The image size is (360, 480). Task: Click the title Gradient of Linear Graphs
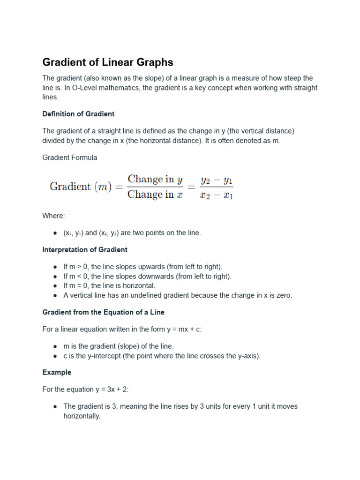pyautogui.click(x=108, y=62)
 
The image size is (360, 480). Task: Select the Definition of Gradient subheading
pyautogui.click(x=78, y=114)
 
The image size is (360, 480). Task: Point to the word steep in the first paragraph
pyautogui.click(x=289, y=78)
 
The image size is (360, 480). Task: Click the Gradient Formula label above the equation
pyautogui.click(x=70, y=157)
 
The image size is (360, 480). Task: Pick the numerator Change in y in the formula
pyautogui.click(x=155, y=179)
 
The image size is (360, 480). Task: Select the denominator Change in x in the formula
pyautogui.click(x=155, y=195)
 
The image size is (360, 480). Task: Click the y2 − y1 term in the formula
pyautogui.click(x=217, y=180)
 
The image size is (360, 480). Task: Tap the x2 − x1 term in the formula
pyautogui.click(x=217, y=195)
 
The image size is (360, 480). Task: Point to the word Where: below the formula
pyautogui.click(x=54, y=216)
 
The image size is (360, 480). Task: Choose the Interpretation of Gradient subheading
pyautogui.click(x=85, y=250)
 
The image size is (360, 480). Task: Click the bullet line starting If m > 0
pyautogui.click(x=143, y=267)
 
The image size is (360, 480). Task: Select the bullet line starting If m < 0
pyautogui.click(x=147, y=277)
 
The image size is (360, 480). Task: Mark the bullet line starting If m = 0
pyautogui.click(x=109, y=285)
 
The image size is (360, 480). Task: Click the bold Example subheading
pyautogui.click(x=57, y=372)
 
